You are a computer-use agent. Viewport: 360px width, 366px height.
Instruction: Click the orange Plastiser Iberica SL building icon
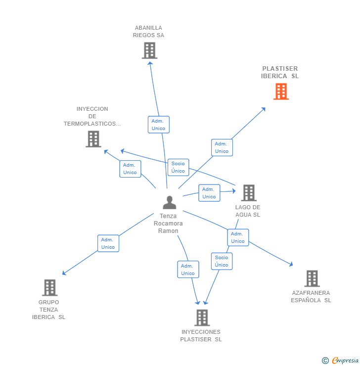[x=281, y=91]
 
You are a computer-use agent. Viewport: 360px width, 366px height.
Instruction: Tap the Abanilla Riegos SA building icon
[x=149, y=50]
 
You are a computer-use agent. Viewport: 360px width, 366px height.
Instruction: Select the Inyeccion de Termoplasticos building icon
[x=93, y=139]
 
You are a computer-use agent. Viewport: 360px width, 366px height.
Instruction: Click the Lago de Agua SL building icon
[x=248, y=193]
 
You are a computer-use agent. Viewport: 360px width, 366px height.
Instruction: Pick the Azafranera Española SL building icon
[x=312, y=278]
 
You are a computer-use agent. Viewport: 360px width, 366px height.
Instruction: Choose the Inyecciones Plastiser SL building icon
[x=202, y=318]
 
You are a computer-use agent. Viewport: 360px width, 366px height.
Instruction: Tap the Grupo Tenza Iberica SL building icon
[x=49, y=287]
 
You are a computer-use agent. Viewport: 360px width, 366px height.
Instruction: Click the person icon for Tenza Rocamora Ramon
[x=170, y=202]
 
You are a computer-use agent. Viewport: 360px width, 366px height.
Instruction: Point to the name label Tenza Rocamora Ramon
[x=168, y=224]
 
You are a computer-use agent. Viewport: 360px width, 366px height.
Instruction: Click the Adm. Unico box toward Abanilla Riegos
[x=158, y=125]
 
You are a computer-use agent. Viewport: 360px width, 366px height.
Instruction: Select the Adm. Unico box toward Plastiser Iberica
[x=222, y=147]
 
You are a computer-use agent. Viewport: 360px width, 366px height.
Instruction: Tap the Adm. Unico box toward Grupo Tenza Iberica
[x=108, y=243]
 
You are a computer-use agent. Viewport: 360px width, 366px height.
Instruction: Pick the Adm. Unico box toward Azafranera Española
[x=237, y=237]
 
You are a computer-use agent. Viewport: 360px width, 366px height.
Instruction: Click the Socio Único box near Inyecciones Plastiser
[x=222, y=261]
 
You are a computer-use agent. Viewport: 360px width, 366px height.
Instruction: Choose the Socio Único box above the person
[x=178, y=167]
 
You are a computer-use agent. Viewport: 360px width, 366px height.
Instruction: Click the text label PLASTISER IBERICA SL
[x=280, y=72]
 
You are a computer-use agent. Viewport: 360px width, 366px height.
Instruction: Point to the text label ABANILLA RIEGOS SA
[x=148, y=32]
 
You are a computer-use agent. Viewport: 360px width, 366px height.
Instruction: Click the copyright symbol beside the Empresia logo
[x=325, y=361]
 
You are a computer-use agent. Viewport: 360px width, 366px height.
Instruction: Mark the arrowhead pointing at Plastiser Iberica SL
[x=263, y=109]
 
